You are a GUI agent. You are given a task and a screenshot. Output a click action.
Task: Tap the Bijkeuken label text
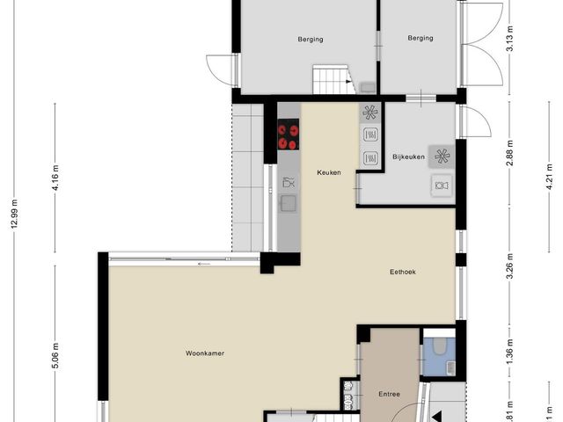pyautogui.click(x=409, y=157)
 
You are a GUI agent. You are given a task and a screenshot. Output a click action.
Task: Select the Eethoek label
pyautogui.click(x=403, y=272)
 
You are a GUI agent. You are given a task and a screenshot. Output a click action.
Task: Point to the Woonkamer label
pyautogui.click(x=205, y=353)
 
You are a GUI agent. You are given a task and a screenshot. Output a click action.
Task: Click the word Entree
pyautogui.click(x=389, y=394)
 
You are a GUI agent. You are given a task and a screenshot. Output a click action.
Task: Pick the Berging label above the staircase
pyautogui.click(x=310, y=39)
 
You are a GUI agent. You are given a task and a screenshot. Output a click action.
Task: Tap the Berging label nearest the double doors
pyautogui.click(x=420, y=39)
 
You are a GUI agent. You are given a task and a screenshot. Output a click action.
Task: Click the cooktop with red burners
pyautogui.click(x=289, y=136)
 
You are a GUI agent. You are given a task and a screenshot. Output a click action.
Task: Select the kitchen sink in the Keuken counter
pyautogui.click(x=288, y=203)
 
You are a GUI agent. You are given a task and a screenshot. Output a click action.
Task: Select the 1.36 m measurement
pyautogui.click(x=509, y=347)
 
